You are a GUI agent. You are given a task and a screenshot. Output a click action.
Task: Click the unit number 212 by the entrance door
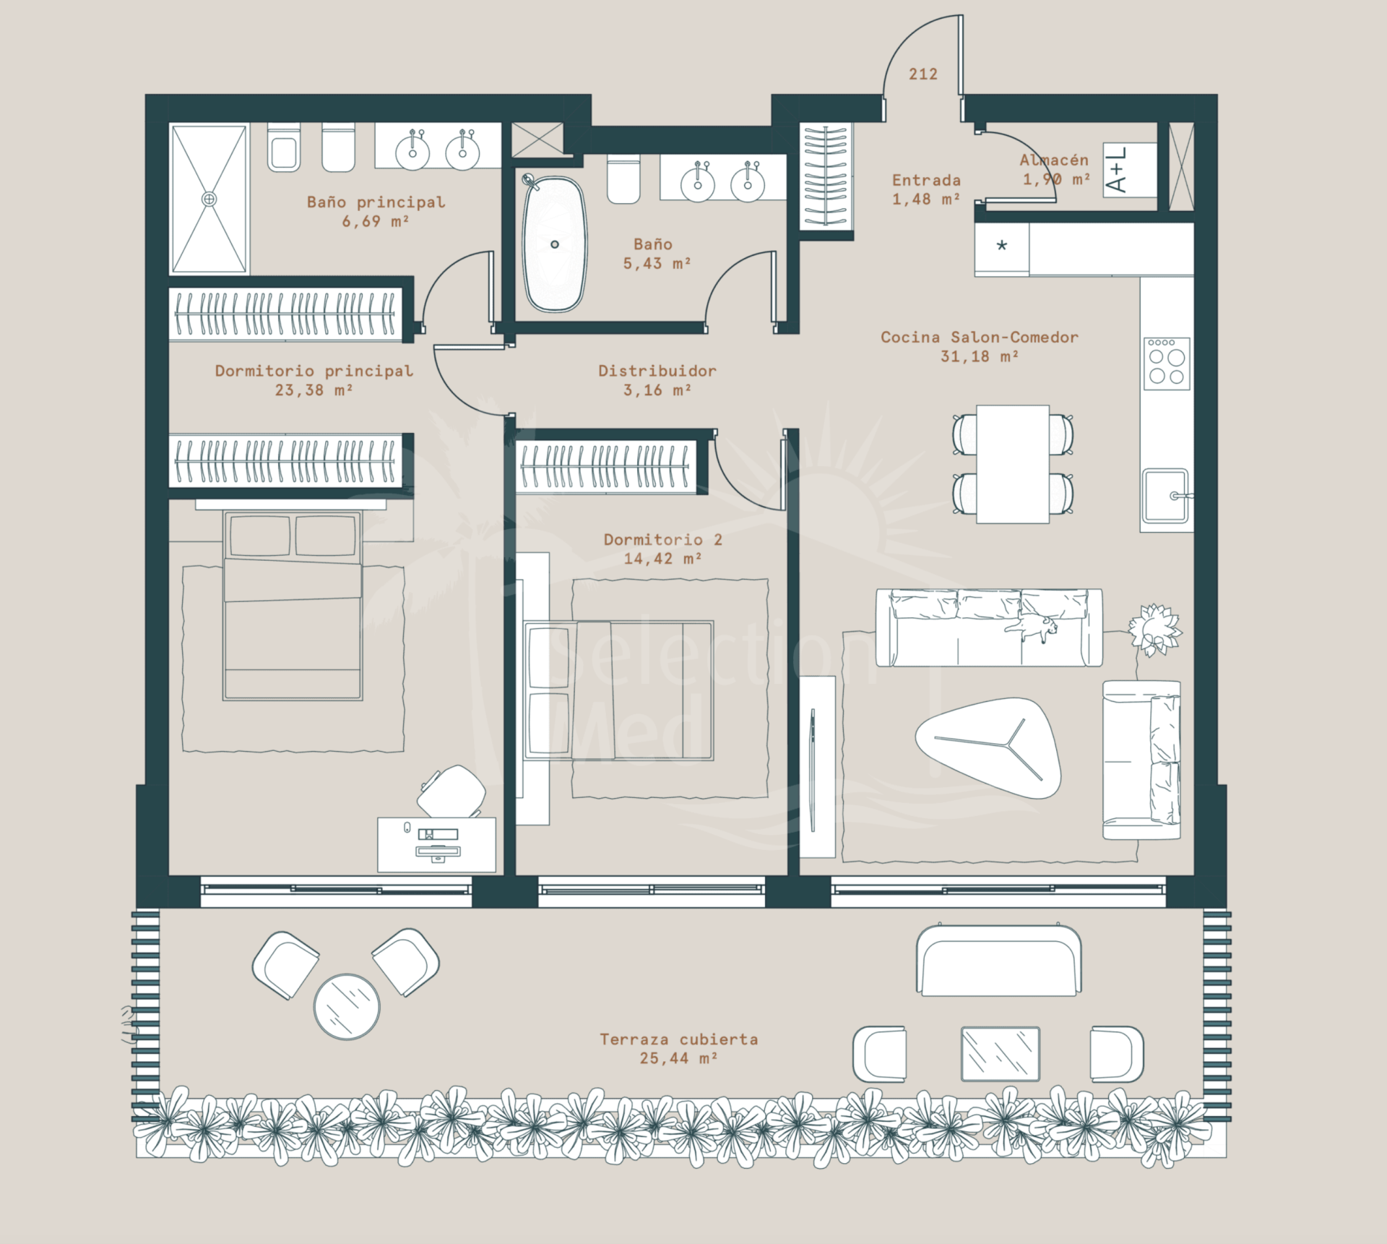[x=922, y=74]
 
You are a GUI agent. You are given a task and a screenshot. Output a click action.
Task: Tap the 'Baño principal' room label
[x=376, y=202]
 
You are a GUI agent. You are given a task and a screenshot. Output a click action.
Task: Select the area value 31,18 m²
[x=980, y=356]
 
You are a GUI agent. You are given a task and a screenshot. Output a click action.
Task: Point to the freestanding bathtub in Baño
[x=554, y=244]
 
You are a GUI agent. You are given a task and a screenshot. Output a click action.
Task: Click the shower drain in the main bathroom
[x=209, y=199]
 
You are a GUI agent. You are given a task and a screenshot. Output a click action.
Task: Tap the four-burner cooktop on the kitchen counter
[x=1167, y=364]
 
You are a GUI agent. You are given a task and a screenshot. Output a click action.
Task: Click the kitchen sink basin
[x=1165, y=495]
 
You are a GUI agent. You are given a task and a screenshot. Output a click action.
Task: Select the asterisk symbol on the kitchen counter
[x=1001, y=246]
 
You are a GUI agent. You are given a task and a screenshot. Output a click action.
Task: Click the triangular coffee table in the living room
[x=989, y=747]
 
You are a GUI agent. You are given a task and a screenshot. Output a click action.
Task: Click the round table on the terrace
[x=347, y=1007]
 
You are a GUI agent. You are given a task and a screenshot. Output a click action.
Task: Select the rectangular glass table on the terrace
[x=1001, y=1053]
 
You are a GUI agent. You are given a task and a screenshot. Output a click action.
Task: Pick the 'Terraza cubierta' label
[x=678, y=1039]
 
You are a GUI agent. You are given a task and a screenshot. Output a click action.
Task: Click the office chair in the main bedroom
[x=452, y=792]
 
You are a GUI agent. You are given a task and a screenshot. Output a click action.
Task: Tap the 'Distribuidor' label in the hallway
[x=657, y=371]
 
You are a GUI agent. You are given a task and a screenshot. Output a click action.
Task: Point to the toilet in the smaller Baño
[x=623, y=179]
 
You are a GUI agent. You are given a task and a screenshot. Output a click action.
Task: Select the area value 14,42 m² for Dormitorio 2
[x=662, y=559]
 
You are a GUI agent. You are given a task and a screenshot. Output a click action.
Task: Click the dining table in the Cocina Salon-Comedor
[x=1013, y=464]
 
